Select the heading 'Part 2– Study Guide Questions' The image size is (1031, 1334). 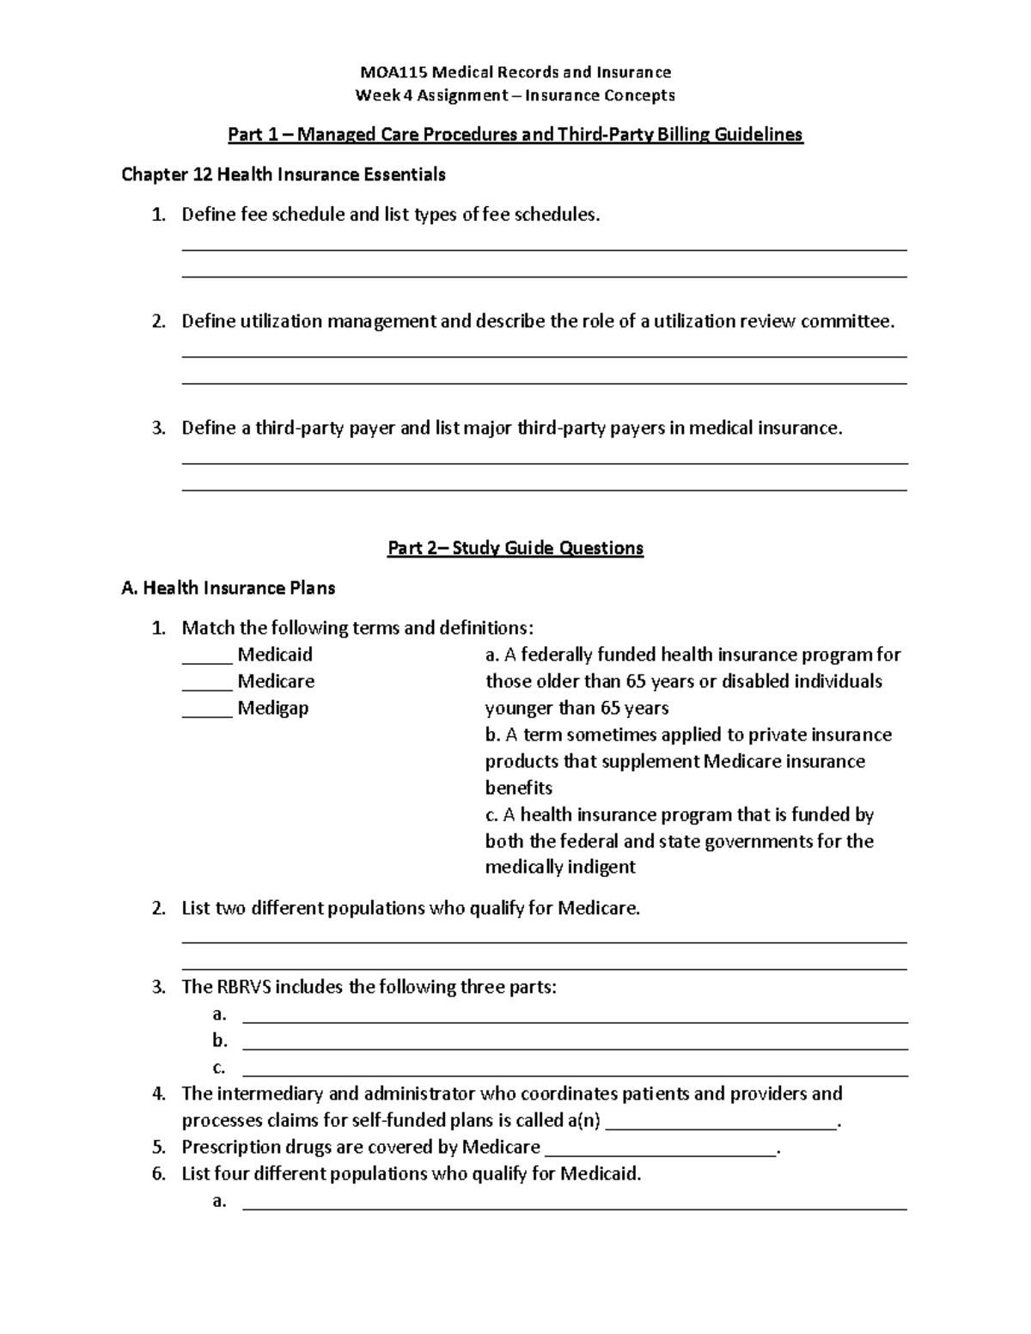tap(515, 548)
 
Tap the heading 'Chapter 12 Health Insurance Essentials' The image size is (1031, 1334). tap(284, 175)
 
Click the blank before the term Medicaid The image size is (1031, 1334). tap(207, 655)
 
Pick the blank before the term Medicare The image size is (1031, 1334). tap(207, 682)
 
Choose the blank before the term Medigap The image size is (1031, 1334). tap(207, 709)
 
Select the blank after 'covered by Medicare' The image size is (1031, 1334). tap(660, 1148)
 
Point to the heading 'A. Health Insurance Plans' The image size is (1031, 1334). tap(229, 588)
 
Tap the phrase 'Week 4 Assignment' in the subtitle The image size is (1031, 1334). tap(431, 95)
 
